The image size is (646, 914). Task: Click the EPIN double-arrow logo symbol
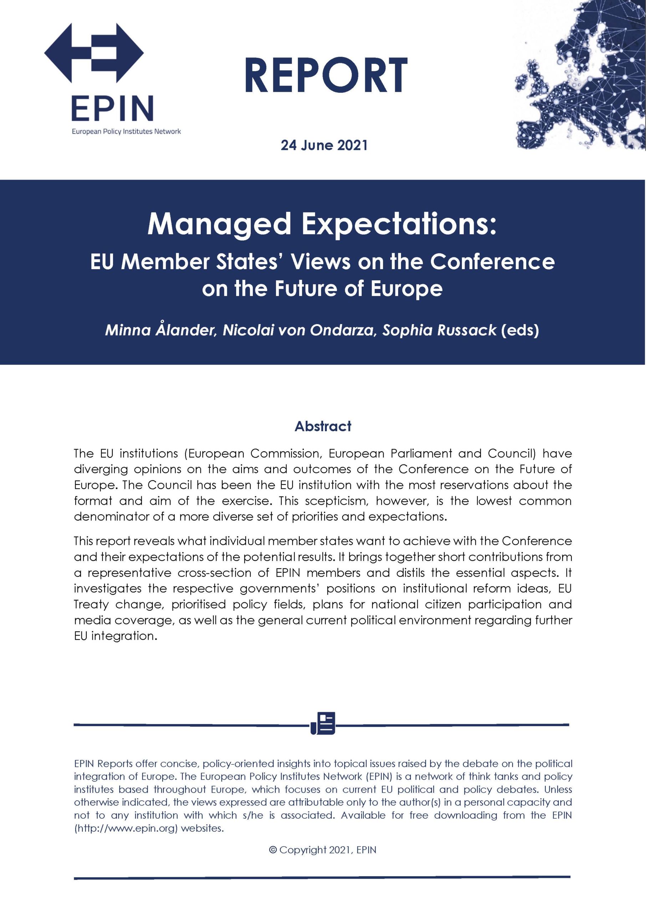94,52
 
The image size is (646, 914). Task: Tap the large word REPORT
326,76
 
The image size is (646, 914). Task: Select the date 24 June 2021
324,145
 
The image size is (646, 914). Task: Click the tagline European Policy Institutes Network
126,131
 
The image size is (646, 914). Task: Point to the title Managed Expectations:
322,225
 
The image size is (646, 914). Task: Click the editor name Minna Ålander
159,330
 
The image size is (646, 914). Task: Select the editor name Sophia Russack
439,330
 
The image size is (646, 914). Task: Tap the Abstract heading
323,426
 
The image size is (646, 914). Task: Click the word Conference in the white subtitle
493,262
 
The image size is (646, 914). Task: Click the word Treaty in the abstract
91,604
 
